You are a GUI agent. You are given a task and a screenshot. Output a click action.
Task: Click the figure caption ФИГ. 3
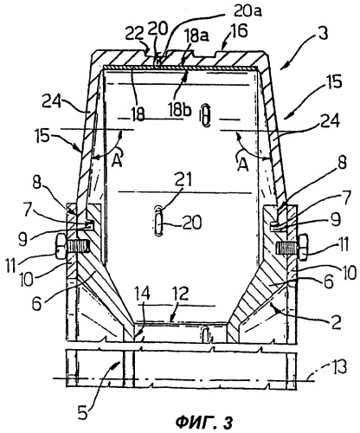pos(203,423)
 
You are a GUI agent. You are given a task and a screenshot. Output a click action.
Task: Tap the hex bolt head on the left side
pos(60,247)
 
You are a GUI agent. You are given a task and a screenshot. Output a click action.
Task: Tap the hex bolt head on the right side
pos(303,248)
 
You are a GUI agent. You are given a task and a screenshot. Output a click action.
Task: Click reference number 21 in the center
pos(184,179)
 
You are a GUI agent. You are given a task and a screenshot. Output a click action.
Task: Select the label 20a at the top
pos(247,11)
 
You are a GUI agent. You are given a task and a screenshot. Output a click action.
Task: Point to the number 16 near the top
pos(238,31)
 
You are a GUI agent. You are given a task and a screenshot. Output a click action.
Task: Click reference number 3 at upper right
pos(323,33)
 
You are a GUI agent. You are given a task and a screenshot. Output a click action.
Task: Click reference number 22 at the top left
pos(134,36)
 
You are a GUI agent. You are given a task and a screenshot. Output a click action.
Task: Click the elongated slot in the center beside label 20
pos(158,222)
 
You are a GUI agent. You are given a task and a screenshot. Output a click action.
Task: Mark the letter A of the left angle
pos(118,158)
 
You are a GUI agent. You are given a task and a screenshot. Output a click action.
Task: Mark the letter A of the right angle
pos(243,165)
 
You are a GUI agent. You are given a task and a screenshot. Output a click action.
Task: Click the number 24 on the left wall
pos(51,101)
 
